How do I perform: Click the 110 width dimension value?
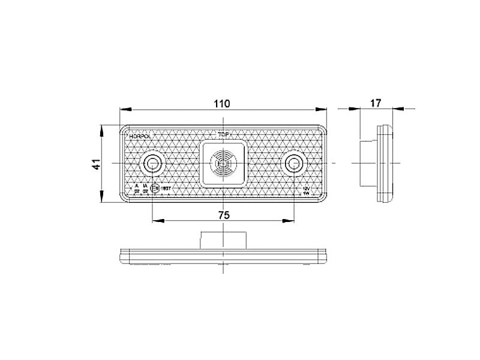(x=222, y=103)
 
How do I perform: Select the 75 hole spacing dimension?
(x=223, y=215)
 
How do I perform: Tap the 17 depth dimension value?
(x=376, y=103)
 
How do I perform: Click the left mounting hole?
(x=152, y=163)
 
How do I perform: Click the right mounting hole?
(x=294, y=163)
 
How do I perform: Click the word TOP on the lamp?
(x=223, y=136)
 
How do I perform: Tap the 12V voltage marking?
(x=307, y=188)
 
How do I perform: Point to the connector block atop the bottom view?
(x=223, y=238)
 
